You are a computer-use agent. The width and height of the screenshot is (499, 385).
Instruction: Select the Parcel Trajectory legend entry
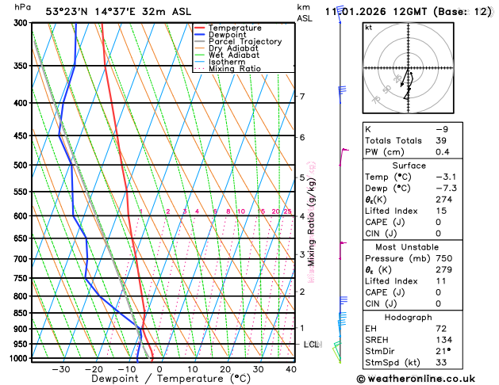(x=244, y=41)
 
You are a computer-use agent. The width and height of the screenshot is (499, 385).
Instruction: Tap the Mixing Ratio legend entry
(x=235, y=68)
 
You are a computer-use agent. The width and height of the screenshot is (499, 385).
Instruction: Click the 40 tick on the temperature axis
(x=290, y=369)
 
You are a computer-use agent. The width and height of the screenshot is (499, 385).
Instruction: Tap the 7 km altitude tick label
(x=301, y=97)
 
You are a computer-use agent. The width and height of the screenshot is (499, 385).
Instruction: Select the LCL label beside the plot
(x=311, y=345)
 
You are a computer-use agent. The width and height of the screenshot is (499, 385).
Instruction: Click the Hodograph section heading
(x=427, y=317)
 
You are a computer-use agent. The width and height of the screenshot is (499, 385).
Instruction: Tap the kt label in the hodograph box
(x=368, y=27)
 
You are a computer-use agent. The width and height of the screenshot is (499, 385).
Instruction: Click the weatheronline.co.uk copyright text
(x=428, y=379)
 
